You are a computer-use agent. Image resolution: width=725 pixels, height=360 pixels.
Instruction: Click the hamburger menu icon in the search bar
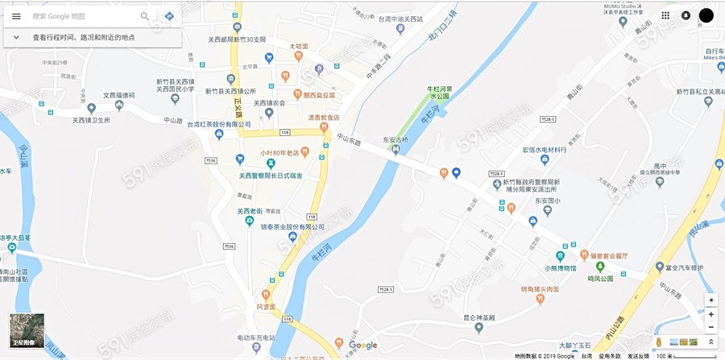16,16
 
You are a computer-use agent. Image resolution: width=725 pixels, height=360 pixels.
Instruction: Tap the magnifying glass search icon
145,16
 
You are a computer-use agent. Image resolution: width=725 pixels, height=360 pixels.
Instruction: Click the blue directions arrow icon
169,16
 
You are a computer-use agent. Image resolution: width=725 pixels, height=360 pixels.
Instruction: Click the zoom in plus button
710,314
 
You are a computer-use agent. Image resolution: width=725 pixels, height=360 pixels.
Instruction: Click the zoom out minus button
710,327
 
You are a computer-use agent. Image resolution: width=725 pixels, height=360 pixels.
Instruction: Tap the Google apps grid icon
665,15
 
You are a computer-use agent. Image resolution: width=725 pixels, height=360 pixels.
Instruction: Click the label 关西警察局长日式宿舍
271,176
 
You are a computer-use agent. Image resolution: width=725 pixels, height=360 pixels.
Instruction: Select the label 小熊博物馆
560,267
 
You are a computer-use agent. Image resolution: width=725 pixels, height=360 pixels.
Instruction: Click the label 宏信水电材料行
545,150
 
